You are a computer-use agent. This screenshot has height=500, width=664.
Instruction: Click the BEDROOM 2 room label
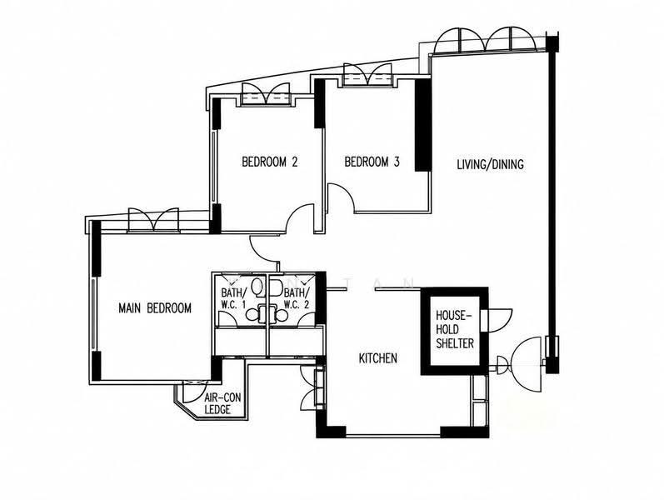point(270,162)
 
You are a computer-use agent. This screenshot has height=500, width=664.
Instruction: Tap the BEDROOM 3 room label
point(372,162)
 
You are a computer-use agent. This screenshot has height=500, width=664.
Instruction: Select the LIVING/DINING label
point(490,164)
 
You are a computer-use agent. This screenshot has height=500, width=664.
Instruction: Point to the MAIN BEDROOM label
point(155,308)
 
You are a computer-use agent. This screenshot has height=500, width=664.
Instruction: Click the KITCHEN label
point(378,358)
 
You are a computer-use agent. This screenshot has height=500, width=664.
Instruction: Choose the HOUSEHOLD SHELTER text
point(455,329)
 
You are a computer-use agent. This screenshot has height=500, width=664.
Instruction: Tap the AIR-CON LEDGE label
point(222,403)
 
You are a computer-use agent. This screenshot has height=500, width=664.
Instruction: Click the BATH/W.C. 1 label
point(232,298)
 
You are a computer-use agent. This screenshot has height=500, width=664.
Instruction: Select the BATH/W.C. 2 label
point(297,298)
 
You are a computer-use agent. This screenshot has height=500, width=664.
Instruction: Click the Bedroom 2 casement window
point(266,94)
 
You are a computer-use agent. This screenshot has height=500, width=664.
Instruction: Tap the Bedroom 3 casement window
point(367,76)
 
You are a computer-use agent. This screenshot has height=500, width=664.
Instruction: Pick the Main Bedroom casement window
point(154,220)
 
